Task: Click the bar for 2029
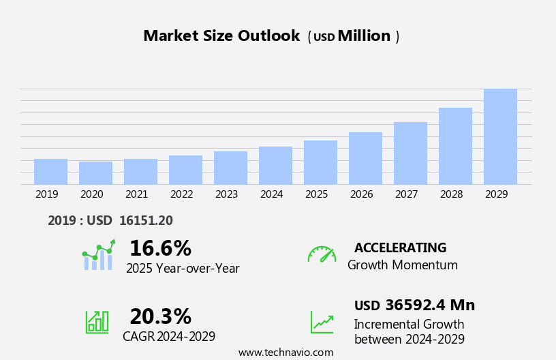500,136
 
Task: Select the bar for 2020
95,173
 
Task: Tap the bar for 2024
275,166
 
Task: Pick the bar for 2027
410,153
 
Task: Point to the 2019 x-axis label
47,194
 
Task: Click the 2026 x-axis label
362,194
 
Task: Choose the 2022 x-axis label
182,194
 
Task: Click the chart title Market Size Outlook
221,36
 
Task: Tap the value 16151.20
145,220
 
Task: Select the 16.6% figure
160,248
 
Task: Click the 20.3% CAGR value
160,316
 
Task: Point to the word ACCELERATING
400,247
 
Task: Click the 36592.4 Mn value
430,305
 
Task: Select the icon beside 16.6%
98,255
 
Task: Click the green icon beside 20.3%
97,322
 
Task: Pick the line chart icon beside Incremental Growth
322,322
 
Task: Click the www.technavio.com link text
285,352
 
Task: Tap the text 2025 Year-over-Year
183,269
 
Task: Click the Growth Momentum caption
402,265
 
